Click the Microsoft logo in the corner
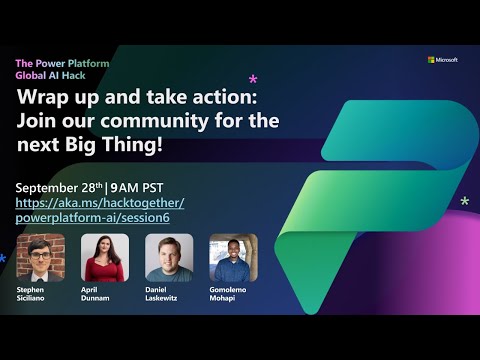tap(442, 60)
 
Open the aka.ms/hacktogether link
tap(100, 203)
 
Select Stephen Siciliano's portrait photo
tap(41, 258)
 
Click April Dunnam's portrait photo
tap(105, 258)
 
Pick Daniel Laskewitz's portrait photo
tap(169, 258)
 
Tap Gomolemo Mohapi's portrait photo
tap(233, 258)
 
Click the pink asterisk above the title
tap(253, 79)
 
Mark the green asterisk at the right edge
tap(464, 202)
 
